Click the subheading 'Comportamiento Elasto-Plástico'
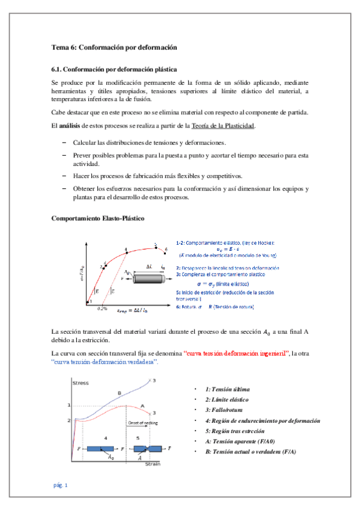click(98, 217)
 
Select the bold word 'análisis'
click(72, 126)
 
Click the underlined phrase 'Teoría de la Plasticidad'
click(223, 126)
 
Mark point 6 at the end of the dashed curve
click(165, 250)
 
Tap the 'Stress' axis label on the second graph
click(80, 382)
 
